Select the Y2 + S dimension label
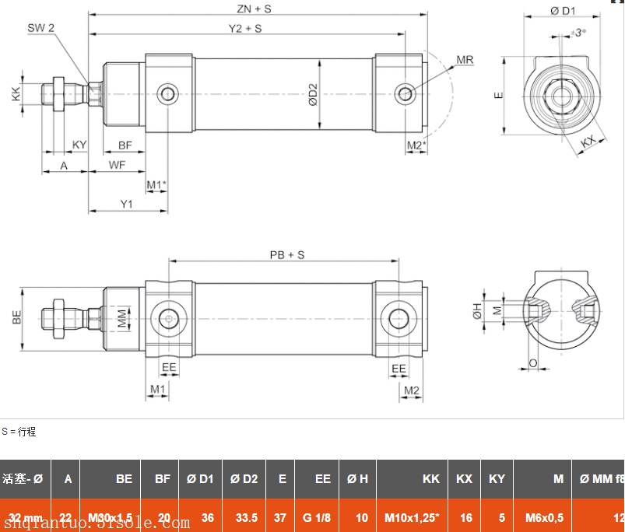pyautogui.click(x=244, y=29)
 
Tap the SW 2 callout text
pyautogui.click(x=41, y=28)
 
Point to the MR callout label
pyautogui.click(x=465, y=60)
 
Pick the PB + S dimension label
pyautogui.click(x=286, y=255)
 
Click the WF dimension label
pyautogui.click(x=117, y=165)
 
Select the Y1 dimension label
pyautogui.click(x=126, y=204)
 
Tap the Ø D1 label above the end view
pyautogui.click(x=563, y=11)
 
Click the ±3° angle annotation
pyautogui.click(x=578, y=33)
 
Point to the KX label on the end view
pyautogui.click(x=592, y=141)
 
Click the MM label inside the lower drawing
pyautogui.click(x=121, y=319)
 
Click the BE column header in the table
pyautogui.click(x=124, y=479)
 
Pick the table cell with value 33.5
pyautogui.click(x=244, y=517)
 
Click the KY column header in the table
pyautogui.click(x=497, y=479)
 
